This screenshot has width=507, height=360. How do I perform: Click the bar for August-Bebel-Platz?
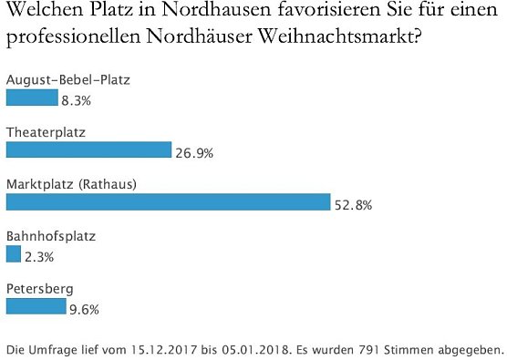click(32, 98)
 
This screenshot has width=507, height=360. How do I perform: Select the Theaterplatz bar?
click(88, 149)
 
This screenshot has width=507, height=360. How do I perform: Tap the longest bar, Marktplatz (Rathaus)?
click(168, 201)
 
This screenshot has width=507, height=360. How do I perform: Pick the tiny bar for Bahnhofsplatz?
click(13, 254)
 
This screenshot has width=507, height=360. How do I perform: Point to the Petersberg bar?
click(36, 306)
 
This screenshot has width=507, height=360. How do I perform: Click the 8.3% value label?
click(77, 101)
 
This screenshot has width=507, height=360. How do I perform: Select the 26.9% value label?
click(193, 153)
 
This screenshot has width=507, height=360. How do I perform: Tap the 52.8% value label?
click(352, 205)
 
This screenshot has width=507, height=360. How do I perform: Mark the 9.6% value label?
click(83, 310)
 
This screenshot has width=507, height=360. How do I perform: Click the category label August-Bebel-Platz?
click(68, 80)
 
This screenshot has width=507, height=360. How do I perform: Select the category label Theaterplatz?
click(46, 132)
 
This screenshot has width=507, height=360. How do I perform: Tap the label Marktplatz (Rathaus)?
click(71, 184)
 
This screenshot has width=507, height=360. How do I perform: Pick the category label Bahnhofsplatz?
click(50, 236)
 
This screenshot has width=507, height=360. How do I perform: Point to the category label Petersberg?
click(38, 289)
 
